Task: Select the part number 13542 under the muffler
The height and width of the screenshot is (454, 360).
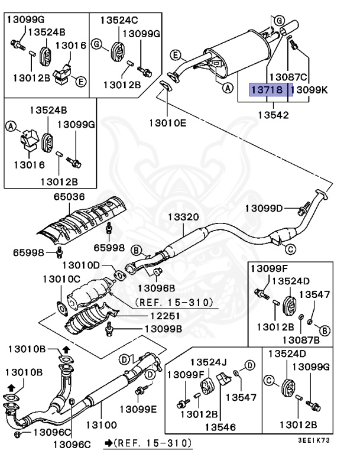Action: coord(274,114)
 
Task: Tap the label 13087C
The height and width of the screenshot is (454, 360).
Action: coord(288,77)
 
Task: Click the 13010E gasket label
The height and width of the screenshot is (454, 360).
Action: coord(167,123)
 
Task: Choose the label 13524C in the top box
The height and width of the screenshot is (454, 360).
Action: coord(118,20)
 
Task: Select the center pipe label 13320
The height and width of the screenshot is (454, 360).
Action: coord(184,218)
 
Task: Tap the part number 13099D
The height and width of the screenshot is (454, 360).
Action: coord(264,207)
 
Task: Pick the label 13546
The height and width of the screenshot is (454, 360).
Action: coord(218,427)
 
